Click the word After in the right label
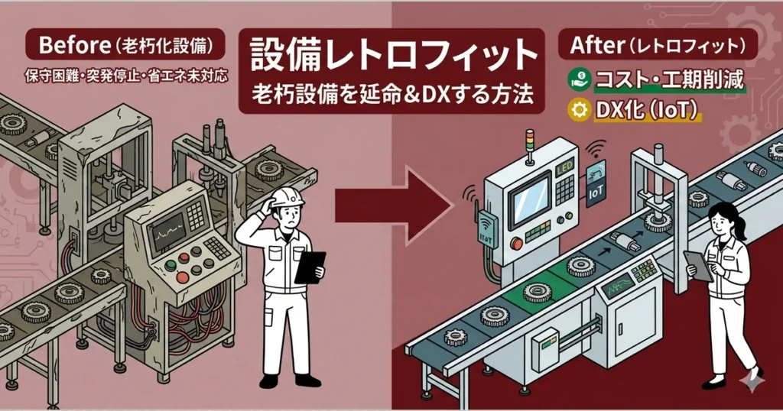pos(598,47)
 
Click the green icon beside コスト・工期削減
pos(580,80)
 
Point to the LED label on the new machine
pos(567,166)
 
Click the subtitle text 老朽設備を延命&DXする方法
pos(391,97)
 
